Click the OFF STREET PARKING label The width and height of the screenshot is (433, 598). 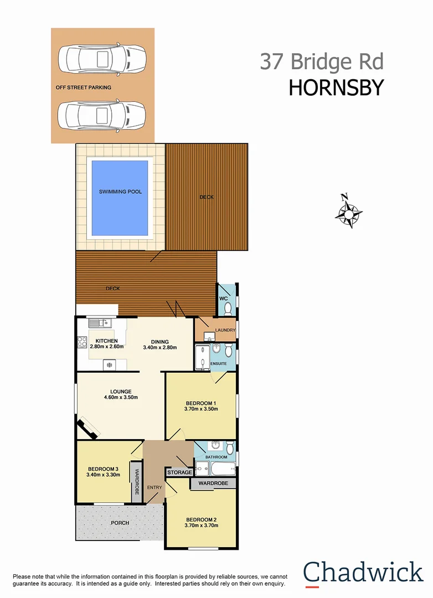pyautogui.click(x=83, y=87)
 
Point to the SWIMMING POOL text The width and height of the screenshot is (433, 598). pyautogui.click(x=120, y=192)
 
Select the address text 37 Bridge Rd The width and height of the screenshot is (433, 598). pyautogui.click(x=322, y=61)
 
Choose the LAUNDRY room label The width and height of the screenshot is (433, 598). pyautogui.click(x=225, y=331)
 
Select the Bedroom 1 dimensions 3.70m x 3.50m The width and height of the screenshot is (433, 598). pyautogui.click(x=202, y=409)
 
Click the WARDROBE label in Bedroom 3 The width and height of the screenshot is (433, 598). pyautogui.click(x=136, y=482)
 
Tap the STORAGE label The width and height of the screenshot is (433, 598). pyautogui.click(x=179, y=472)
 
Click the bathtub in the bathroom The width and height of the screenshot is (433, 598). pyautogui.click(x=223, y=468)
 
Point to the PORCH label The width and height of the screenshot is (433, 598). pyautogui.click(x=120, y=523)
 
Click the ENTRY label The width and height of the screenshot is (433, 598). pyautogui.click(x=154, y=487)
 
